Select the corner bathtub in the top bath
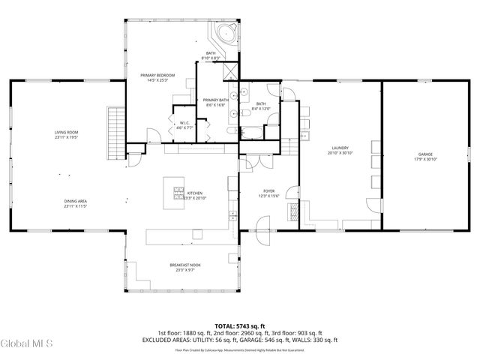(x=226, y=34)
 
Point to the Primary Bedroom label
(x=157, y=76)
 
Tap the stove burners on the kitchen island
(x=179, y=190)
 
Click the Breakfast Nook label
(x=184, y=265)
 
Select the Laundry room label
(x=340, y=148)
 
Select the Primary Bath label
(x=215, y=100)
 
